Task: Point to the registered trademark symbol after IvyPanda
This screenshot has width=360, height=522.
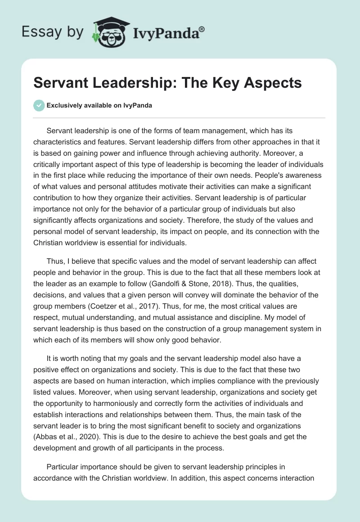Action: click(202, 29)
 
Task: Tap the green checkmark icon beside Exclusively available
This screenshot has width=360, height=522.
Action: click(39, 105)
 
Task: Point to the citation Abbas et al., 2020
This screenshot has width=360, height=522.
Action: click(65, 426)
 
